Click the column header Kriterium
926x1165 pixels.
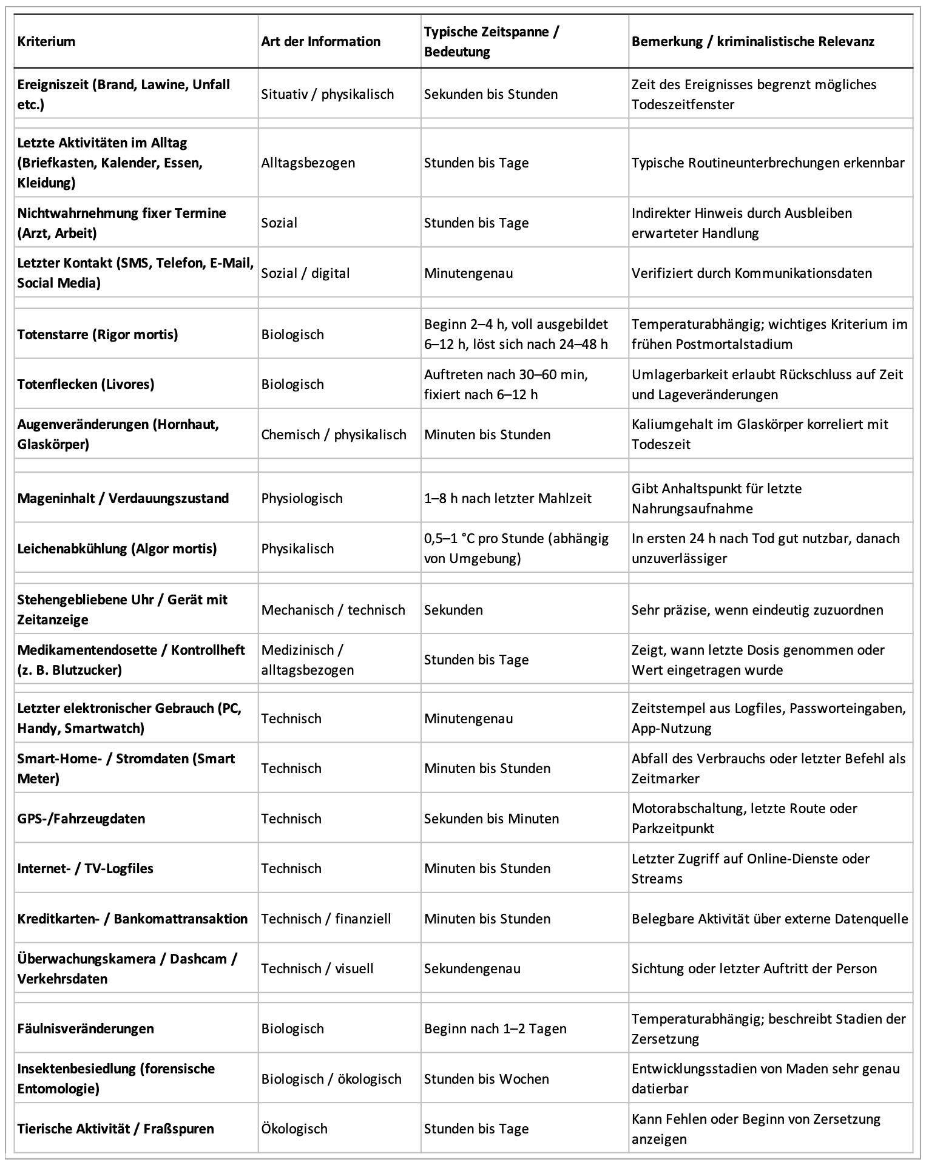46,42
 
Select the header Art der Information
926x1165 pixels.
320,42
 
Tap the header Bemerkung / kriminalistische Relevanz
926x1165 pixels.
752,42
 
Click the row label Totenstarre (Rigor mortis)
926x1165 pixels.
98,334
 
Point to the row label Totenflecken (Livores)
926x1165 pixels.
86,384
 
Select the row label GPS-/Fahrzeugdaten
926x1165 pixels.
81,819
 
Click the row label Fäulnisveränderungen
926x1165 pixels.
86,1028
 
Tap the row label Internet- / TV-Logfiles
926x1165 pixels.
85,868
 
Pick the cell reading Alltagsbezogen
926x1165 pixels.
308,163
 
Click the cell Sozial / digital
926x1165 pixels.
305,273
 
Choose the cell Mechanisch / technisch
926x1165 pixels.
333,610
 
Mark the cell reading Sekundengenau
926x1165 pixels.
472,968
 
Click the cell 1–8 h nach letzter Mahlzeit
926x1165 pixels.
507,498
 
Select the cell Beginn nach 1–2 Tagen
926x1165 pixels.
495,1028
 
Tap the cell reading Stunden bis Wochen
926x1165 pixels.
486,1079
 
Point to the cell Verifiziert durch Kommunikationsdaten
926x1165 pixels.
751,273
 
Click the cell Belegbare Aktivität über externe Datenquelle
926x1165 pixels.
769,919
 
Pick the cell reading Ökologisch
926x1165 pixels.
294,1129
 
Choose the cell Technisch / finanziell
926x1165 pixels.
326,919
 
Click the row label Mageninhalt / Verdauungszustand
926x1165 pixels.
123,498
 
